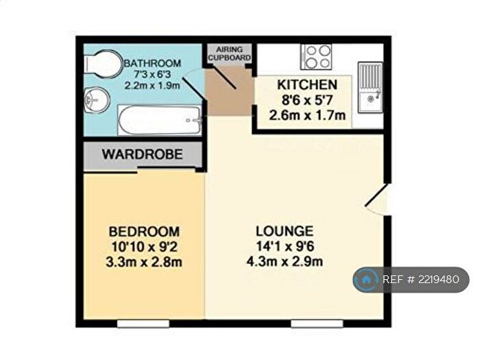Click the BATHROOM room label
pos(152,64)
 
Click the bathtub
pos(159,121)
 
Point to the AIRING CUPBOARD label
pos(230,54)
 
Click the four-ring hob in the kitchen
pos(317,57)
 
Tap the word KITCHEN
pos(306,85)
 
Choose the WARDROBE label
pos(143,155)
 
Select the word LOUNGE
pos(284,231)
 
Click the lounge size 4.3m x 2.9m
pos(284,261)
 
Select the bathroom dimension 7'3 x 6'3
pos(152,75)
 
